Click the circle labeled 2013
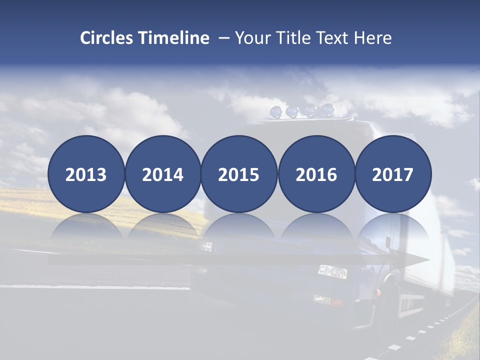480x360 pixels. coord(86,174)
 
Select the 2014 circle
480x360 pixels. coord(162,174)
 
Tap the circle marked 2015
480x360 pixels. coord(239,174)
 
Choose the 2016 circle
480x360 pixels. coord(316,174)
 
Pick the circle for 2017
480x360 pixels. coord(393,174)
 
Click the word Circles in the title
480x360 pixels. coord(106,38)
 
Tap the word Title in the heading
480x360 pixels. coord(295,38)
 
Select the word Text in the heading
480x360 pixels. coord(336,38)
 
